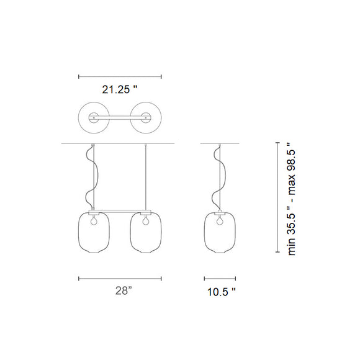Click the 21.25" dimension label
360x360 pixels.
(119, 89)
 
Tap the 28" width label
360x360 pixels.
(124, 290)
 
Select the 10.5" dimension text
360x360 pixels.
(222, 292)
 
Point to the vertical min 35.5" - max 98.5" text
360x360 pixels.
(292, 199)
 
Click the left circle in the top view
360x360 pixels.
(79, 117)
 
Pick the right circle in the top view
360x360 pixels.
(161, 117)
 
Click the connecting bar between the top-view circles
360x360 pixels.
(120, 117)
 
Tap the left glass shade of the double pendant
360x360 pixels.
(79, 232)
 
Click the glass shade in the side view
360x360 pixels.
(204, 232)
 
